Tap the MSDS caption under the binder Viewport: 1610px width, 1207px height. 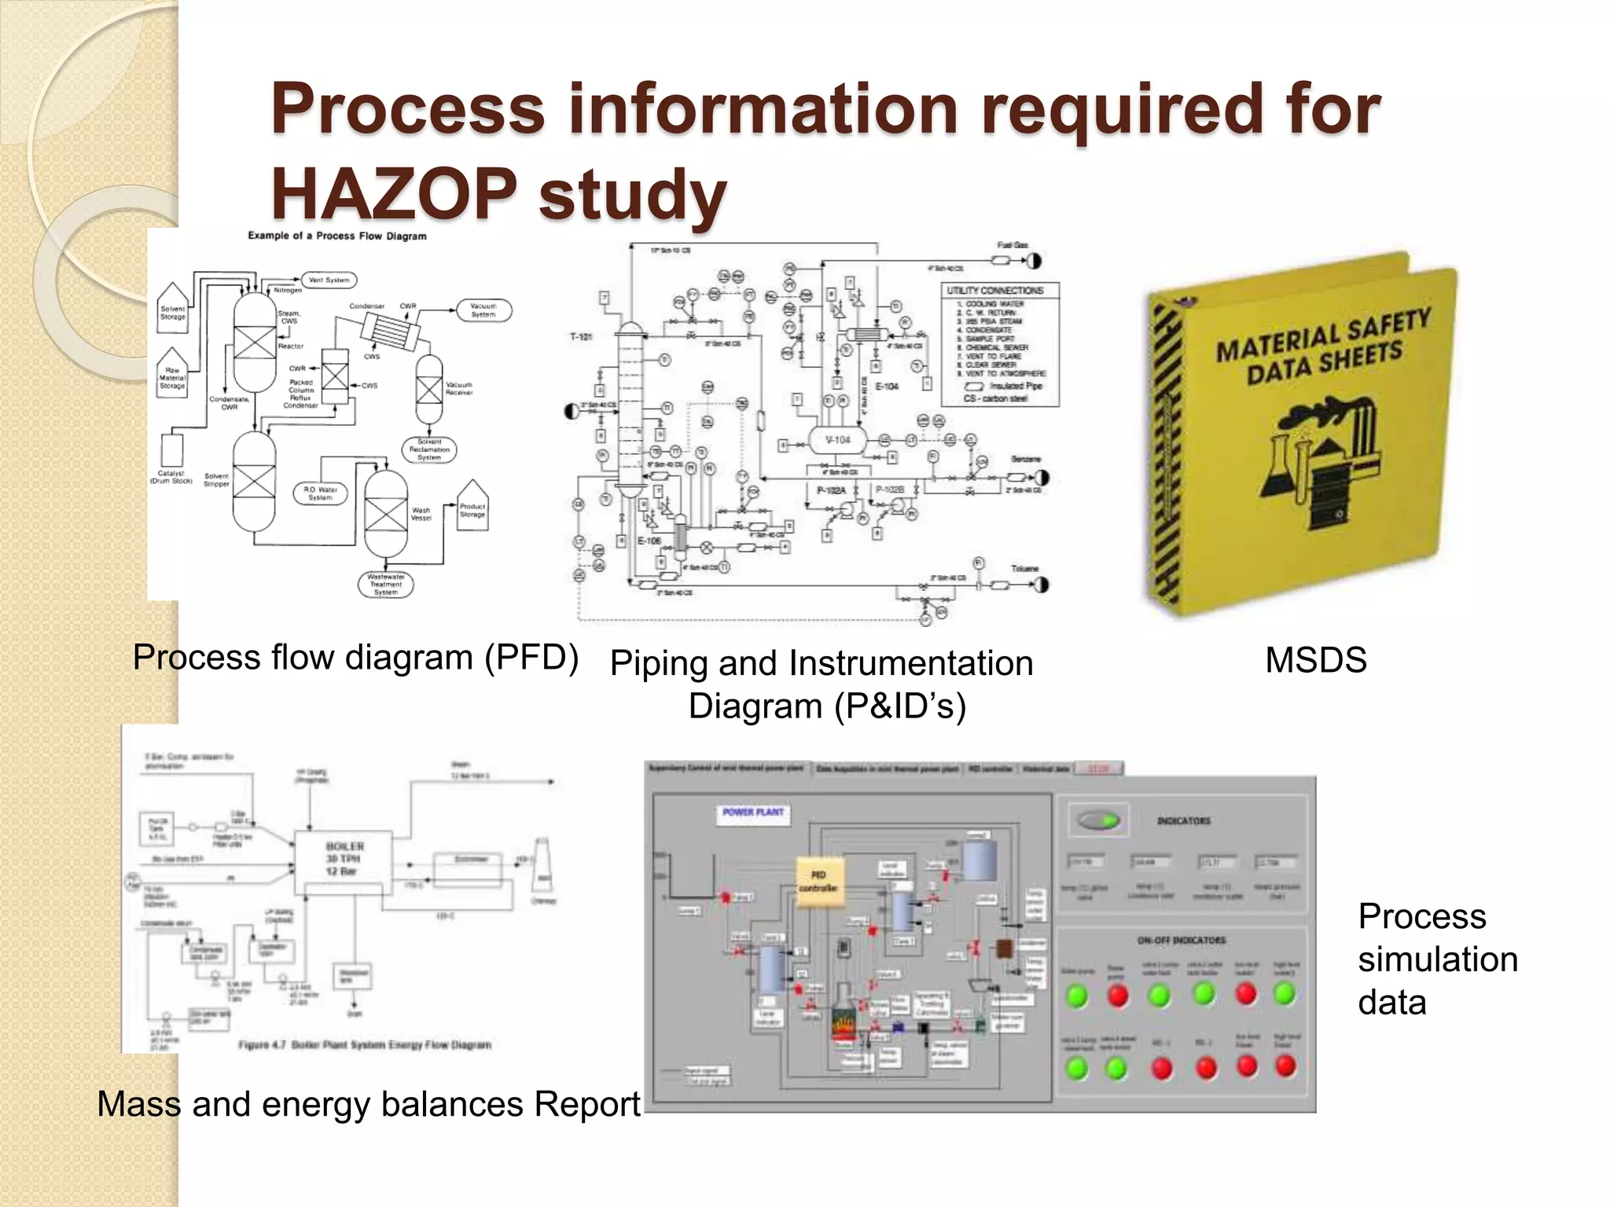[1315, 660]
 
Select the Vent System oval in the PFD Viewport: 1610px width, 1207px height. [329, 280]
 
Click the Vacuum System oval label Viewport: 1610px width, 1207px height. [483, 310]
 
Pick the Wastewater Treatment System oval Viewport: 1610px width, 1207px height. [385, 585]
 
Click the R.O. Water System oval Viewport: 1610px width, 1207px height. [320, 493]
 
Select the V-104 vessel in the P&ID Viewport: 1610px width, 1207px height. [837, 440]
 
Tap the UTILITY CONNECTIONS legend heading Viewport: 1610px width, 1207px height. [994, 291]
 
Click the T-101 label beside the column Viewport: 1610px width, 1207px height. [582, 337]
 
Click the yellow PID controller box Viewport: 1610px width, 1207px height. [818, 881]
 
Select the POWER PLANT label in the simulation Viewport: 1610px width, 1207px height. [753, 813]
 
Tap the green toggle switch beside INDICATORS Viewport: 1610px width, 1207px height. [1098, 821]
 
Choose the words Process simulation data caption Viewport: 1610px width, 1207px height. [1437, 959]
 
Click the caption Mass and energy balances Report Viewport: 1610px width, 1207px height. [369, 1104]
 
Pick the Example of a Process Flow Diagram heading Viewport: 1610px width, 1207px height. [337, 236]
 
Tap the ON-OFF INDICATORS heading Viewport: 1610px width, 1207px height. [1181, 941]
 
